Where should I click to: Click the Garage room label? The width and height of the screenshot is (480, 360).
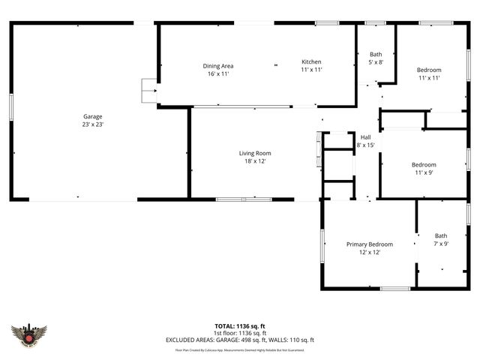pos(93,116)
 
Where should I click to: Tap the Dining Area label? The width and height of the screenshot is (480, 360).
pos(217,66)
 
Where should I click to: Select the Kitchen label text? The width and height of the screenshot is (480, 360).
pos(311,61)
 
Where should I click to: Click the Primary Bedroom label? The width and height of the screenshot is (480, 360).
pos(369,244)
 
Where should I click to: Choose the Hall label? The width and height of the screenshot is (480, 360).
pos(366,137)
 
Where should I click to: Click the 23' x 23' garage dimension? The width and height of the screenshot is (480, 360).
pos(93,124)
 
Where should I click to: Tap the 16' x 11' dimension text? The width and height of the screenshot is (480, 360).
pos(217,74)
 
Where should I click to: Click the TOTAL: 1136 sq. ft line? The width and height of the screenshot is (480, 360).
pos(240,326)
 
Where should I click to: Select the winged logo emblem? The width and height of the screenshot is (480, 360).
pos(30,335)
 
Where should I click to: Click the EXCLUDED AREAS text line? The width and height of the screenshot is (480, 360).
pos(240,340)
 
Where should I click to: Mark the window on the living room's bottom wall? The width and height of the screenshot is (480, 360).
pos(244,199)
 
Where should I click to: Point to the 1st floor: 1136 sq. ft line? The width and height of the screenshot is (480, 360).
pos(240,333)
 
